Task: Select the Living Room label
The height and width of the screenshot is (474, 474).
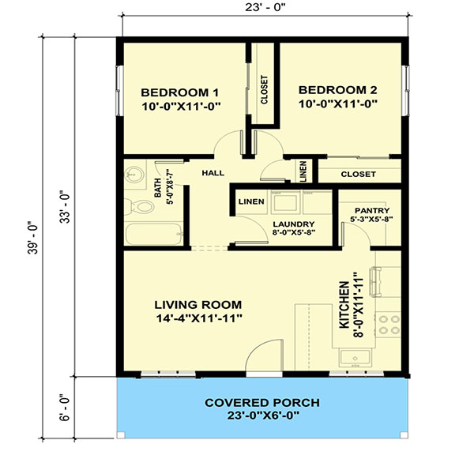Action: click(197, 304)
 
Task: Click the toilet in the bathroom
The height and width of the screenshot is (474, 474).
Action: click(142, 208)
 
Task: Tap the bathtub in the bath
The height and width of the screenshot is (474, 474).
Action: click(153, 235)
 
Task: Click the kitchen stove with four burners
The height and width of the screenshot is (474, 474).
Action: click(389, 324)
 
